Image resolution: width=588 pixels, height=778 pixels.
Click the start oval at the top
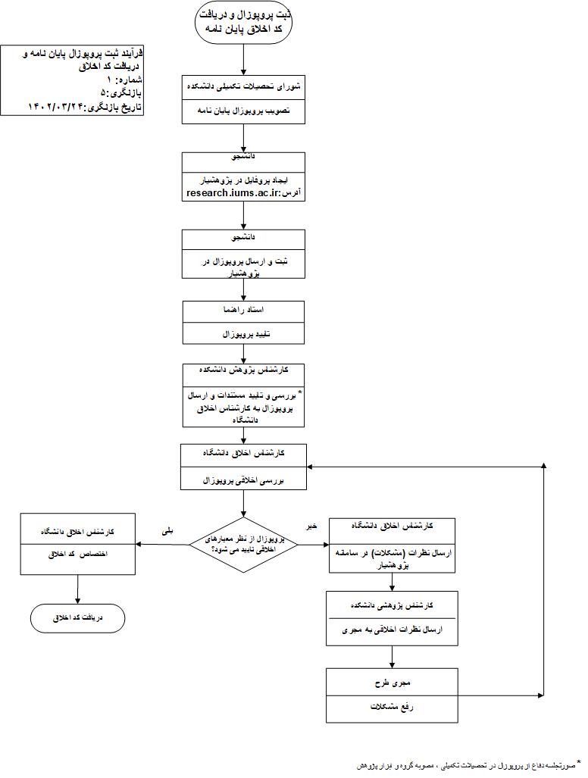point(243,22)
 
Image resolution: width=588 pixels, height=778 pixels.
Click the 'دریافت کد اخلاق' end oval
point(78,617)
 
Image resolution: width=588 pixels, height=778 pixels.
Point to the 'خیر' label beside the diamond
point(311,525)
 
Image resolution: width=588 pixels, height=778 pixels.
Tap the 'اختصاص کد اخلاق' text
point(78,554)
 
